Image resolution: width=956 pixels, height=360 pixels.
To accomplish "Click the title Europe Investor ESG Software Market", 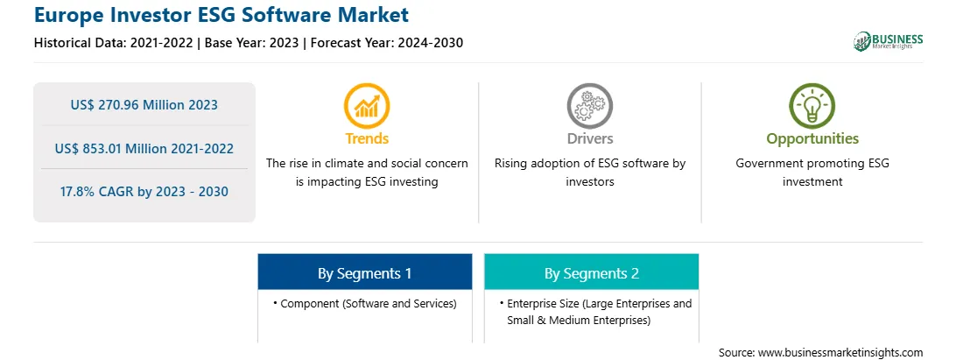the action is [221, 15].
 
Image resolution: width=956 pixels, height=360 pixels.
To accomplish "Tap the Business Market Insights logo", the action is [889, 41].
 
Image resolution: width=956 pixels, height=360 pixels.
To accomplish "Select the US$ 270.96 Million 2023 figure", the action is [144, 105].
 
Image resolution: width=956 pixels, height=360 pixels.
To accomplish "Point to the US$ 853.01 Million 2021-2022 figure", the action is [144, 148].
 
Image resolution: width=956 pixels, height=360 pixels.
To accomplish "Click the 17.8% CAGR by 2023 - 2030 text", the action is [144, 192].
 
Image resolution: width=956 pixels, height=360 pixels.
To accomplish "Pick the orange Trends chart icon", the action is [367, 106].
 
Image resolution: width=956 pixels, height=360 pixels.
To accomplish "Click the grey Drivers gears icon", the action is [589, 106].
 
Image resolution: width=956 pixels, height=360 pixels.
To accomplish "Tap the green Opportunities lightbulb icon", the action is [812, 106].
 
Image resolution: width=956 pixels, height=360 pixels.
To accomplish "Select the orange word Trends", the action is [367, 138].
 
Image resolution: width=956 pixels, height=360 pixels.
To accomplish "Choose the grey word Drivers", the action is [589, 138].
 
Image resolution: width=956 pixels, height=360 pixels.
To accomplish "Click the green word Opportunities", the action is [812, 139].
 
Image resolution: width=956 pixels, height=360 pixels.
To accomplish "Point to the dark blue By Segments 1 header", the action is [364, 272].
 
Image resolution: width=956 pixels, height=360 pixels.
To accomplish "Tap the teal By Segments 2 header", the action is [592, 272].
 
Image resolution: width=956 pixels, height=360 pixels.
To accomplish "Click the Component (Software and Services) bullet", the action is [364, 303].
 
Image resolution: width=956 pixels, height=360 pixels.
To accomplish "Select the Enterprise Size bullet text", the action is [595, 312].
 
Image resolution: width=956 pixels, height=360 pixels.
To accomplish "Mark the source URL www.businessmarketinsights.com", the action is [840, 353].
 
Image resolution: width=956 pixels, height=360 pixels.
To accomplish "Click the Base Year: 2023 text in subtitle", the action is [252, 43].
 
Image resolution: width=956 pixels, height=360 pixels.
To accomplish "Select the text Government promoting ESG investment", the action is [812, 173].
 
